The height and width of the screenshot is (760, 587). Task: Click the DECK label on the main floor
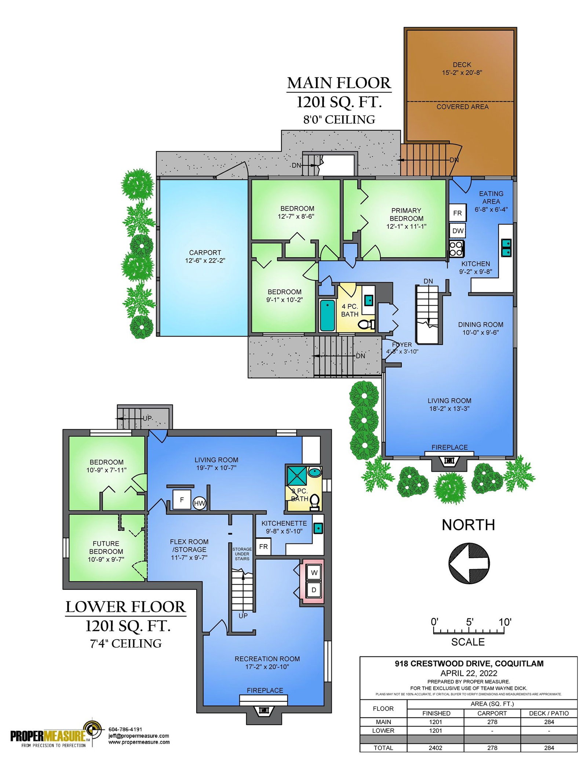pyautogui.click(x=462, y=65)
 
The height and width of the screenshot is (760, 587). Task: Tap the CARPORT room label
pyautogui.click(x=205, y=252)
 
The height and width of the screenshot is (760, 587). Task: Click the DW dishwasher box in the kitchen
pyautogui.click(x=457, y=231)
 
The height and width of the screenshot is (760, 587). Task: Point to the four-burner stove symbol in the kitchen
pyautogui.click(x=457, y=249)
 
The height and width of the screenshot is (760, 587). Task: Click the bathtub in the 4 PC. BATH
pyautogui.click(x=327, y=315)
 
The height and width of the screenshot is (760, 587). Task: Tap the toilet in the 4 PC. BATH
pyautogui.click(x=366, y=324)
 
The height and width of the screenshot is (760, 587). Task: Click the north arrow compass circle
pyautogui.click(x=469, y=563)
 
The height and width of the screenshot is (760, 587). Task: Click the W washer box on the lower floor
pyautogui.click(x=314, y=572)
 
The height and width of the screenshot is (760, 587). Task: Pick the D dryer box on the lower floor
pyautogui.click(x=314, y=590)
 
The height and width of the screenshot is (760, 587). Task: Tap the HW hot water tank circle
pyautogui.click(x=199, y=503)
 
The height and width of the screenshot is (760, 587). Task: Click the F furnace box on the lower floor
pyautogui.click(x=182, y=499)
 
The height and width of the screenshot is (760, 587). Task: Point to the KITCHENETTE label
pyautogui.click(x=284, y=523)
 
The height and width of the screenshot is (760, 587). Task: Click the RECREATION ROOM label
pyautogui.click(x=267, y=659)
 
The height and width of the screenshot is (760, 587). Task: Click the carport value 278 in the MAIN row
pyautogui.click(x=492, y=722)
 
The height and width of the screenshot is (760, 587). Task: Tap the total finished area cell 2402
pyautogui.click(x=435, y=748)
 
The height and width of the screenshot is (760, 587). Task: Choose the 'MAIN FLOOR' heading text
pyautogui.click(x=339, y=83)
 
